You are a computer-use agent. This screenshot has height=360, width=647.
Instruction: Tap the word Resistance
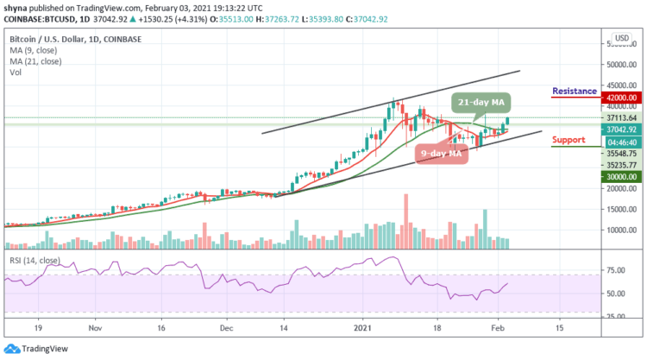pyautogui.click(x=574, y=91)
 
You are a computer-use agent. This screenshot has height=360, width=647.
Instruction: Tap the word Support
pyautogui.click(x=569, y=139)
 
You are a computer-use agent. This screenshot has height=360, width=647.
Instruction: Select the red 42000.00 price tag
pyautogui.click(x=617, y=98)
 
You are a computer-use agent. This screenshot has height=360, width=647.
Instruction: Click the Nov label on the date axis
pyautogui.click(x=95, y=328)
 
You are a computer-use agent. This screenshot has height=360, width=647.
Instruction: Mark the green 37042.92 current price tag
pyautogui.click(x=617, y=129)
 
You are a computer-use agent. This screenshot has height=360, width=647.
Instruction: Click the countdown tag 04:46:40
pyautogui.click(x=617, y=141)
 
